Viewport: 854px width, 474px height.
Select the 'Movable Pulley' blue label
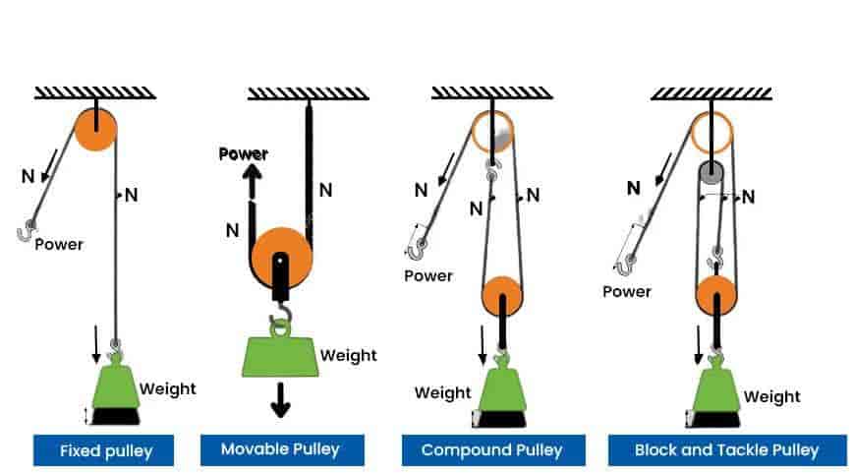(280, 449)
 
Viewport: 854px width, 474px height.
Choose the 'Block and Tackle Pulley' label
(726, 450)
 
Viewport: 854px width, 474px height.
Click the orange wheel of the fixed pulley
(95, 129)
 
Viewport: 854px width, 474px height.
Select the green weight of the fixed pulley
(116, 386)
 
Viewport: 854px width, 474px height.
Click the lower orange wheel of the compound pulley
(502, 294)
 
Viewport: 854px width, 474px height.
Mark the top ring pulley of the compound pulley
(492, 131)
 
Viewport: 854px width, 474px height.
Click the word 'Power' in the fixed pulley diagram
(59, 244)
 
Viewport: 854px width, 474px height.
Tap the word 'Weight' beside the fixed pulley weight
(167, 388)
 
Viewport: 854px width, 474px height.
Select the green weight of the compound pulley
(502, 388)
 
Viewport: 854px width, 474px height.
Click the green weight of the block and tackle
(715, 390)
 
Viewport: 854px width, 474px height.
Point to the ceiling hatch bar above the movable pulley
(308, 94)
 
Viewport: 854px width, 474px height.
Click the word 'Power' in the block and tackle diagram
(627, 291)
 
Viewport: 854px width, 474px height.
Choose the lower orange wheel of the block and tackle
(716, 294)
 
